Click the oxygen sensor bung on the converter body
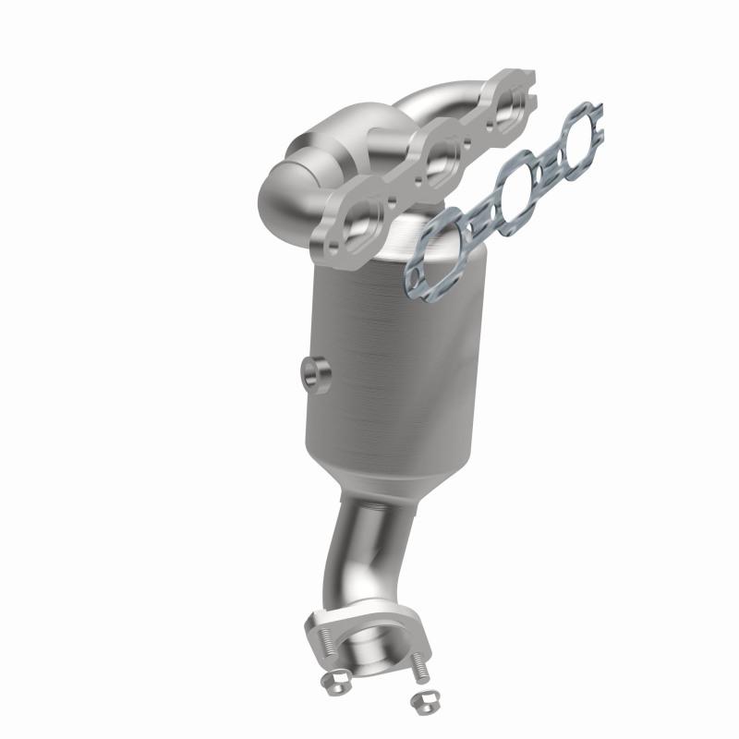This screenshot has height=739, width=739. tap(309, 373)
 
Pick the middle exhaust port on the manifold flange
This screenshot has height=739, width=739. tap(442, 152)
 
